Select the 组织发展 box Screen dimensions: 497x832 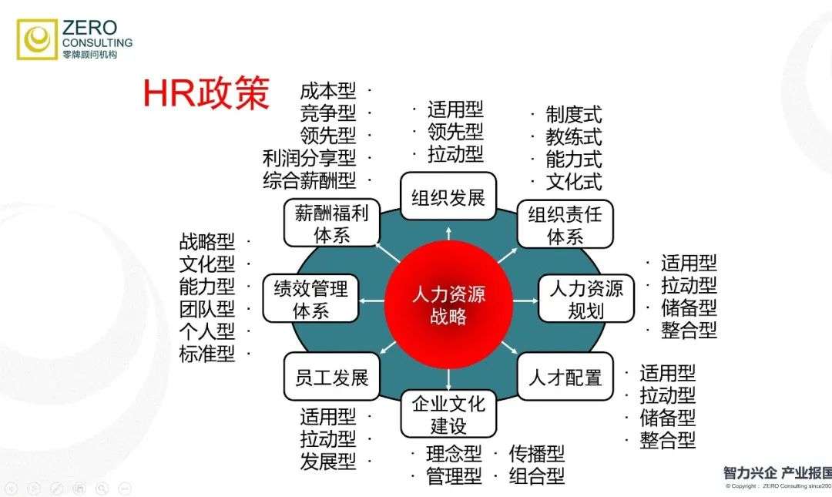448,197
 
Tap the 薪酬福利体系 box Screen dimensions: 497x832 331,223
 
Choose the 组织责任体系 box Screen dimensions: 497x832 565,224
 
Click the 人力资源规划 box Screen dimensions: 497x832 585,300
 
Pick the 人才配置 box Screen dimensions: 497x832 565,378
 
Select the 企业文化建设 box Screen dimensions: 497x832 448,414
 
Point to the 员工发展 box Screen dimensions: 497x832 331,378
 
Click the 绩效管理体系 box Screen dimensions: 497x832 310,300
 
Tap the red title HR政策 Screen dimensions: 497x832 206,94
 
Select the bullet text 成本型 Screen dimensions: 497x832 328,91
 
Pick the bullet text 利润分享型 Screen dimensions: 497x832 309,158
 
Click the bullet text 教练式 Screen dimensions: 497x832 574,138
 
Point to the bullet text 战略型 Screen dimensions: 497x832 206,242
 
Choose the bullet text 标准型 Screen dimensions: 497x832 206,354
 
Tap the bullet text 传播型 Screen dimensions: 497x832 536,454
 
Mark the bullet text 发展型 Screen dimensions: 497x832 328,462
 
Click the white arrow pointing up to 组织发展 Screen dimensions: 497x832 448,233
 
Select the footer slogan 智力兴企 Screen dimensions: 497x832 750,473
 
